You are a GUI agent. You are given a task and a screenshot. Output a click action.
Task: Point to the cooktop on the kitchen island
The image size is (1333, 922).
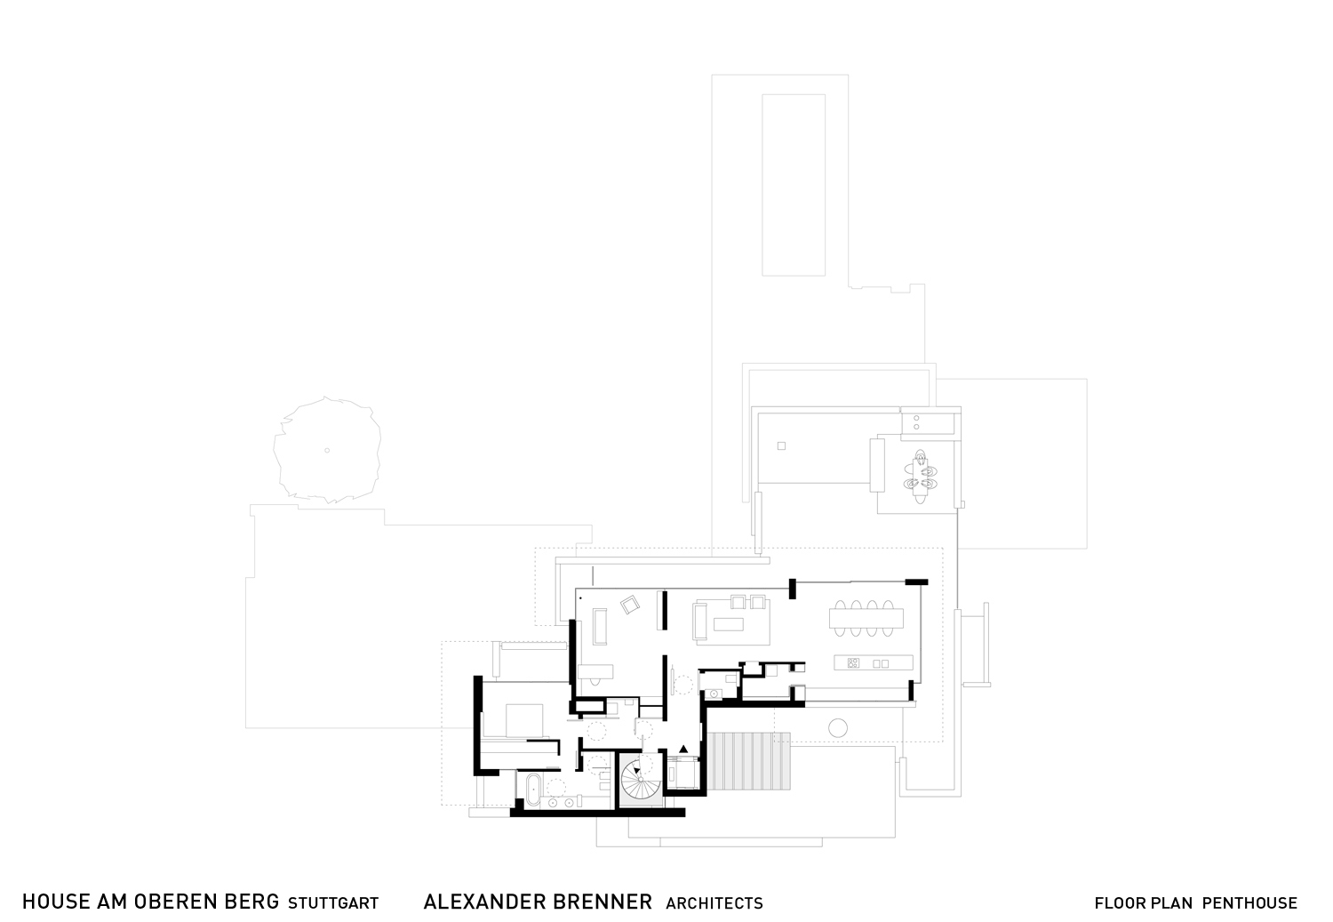pos(854,663)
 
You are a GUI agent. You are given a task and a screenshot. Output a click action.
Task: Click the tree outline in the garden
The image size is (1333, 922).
pos(327,450)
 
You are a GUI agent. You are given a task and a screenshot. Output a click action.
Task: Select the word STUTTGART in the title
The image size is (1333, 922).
pos(333,903)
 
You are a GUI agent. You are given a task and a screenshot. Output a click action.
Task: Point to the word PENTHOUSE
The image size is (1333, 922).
pos(1249,903)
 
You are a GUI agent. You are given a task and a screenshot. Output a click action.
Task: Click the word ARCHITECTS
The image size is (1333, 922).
pos(714,903)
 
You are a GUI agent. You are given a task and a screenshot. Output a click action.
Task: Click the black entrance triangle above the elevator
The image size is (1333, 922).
pos(683,749)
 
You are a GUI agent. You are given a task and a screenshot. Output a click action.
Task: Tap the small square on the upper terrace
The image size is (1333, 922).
pos(781,445)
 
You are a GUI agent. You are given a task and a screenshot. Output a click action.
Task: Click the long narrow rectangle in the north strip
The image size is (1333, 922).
pos(794,184)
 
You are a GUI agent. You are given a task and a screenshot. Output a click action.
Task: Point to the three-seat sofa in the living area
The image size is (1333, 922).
pos(698,620)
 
